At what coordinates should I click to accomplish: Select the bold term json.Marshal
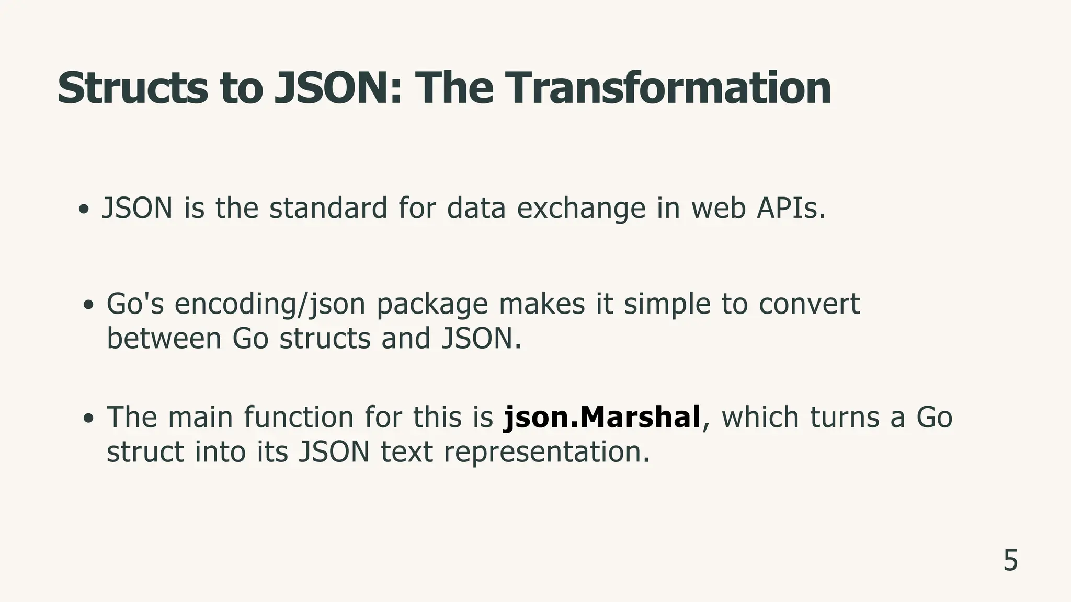tap(601, 418)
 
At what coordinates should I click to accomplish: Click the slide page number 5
tap(1010, 561)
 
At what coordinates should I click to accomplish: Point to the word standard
tap(328, 208)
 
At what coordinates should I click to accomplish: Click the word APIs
tap(791, 208)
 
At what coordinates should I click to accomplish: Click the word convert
tap(809, 304)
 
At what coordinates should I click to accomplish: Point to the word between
tap(164, 339)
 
